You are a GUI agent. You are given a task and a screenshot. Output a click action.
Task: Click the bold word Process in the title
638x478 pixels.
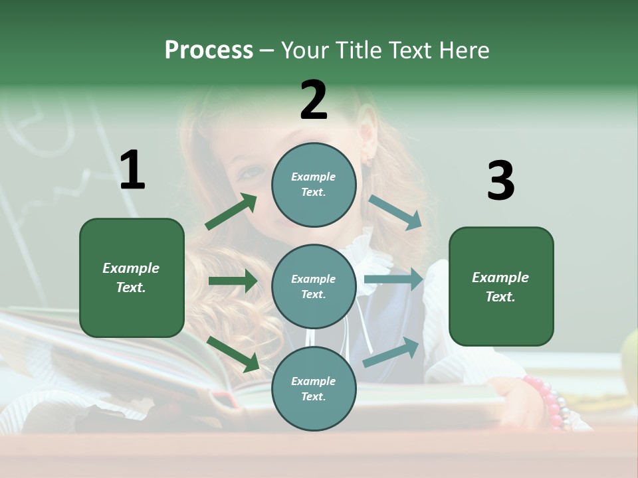coord(209,50)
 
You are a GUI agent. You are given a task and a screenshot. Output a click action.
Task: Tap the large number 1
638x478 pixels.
coord(132,170)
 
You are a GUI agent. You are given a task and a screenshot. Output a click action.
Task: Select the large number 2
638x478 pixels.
coord(314,100)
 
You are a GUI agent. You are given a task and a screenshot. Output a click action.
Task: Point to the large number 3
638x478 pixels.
coord(500,181)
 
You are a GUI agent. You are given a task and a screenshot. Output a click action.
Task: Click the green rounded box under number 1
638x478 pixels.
coord(132,278)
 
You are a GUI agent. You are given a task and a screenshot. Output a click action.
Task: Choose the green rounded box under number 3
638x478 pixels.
coord(501,286)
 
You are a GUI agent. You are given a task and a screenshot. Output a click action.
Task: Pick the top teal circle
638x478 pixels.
coord(314,185)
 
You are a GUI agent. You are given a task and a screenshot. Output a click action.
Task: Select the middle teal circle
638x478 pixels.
coord(314,286)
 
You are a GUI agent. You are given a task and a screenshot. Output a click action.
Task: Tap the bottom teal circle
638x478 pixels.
coord(314,388)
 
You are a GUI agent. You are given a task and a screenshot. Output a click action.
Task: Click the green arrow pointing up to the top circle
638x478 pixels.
coord(231,212)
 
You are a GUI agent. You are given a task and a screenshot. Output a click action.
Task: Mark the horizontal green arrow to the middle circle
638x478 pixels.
coord(233,281)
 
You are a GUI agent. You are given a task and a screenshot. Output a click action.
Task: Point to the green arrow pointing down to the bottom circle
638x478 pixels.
coord(233,354)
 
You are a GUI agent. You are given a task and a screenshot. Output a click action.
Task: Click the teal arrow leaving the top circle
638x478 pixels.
coord(395,212)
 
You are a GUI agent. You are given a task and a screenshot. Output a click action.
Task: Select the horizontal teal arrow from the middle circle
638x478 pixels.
coord(393,279)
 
